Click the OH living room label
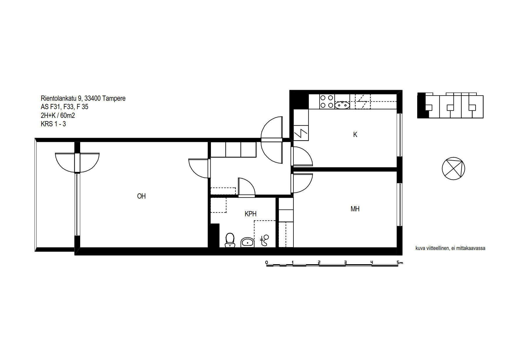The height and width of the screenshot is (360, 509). [x=141, y=196]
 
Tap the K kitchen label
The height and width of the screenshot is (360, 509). [x=355, y=135]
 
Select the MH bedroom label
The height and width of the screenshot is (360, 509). [x=355, y=209]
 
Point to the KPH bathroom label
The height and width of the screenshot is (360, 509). [x=250, y=214]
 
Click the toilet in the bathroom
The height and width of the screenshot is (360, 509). [x=230, y=240]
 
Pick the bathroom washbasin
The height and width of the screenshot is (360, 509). [x=247, y=242]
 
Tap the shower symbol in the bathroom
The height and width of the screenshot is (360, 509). [x=264, y=240]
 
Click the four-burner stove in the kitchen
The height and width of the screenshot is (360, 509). [x=327, y=101]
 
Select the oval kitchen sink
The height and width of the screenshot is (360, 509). [x=342, y=105]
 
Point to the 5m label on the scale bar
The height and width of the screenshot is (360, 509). [x=400, y=262]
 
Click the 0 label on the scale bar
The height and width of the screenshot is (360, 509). [x=267, y=262]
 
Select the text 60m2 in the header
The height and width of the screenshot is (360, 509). [x=67, y=116]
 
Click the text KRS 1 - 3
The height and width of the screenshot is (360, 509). [x=53, y=124]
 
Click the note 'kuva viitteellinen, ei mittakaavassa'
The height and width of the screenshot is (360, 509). [x=450, y=248]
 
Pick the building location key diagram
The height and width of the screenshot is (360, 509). [x=450, y=105]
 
